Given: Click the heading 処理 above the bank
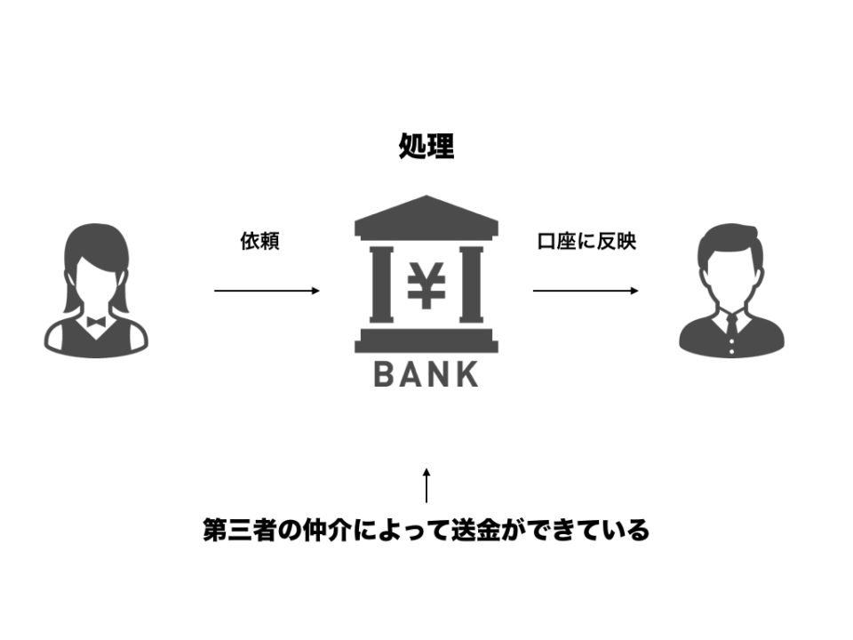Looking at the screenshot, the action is pyautogui.click(x=426, y=146).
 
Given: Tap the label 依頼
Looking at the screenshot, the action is pyautogui.click(x=260, y=241).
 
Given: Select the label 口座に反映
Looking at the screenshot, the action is pyautogui.click(x=586, y=241).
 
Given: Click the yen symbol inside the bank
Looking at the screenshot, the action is pyautogui.click(x=426, y=285).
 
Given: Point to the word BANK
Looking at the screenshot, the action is pyautogui.click(x=426, y=374).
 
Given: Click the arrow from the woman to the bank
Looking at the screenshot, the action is pyautogui.click(x=267, y=291).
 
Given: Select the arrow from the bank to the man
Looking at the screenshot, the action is pyautogui.click(x=586, y=291).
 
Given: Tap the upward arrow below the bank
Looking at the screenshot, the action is pyautogui.click(x=426, y=485).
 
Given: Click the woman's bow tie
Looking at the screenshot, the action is pyautogui.click(x=96, y=322).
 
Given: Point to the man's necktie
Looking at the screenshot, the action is pyautogui.click(x=731, y=325).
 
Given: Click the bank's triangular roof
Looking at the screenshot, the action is pyautogui.click(x=426, y=216).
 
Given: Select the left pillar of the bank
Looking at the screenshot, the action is pyautogui.click(x=381, y=284).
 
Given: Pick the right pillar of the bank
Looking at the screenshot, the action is pyautogui.click(x=471, y=284).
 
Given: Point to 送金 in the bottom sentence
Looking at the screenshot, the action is pyautogui.click(x=475, y=530).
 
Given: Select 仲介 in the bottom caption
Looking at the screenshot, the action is pyautogui.click(x=326, y=530).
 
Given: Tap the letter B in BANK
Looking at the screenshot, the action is pyautogui.click(x=384, y=374).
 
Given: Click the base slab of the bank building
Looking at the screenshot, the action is pyautogui.click(x=426, y=340).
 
